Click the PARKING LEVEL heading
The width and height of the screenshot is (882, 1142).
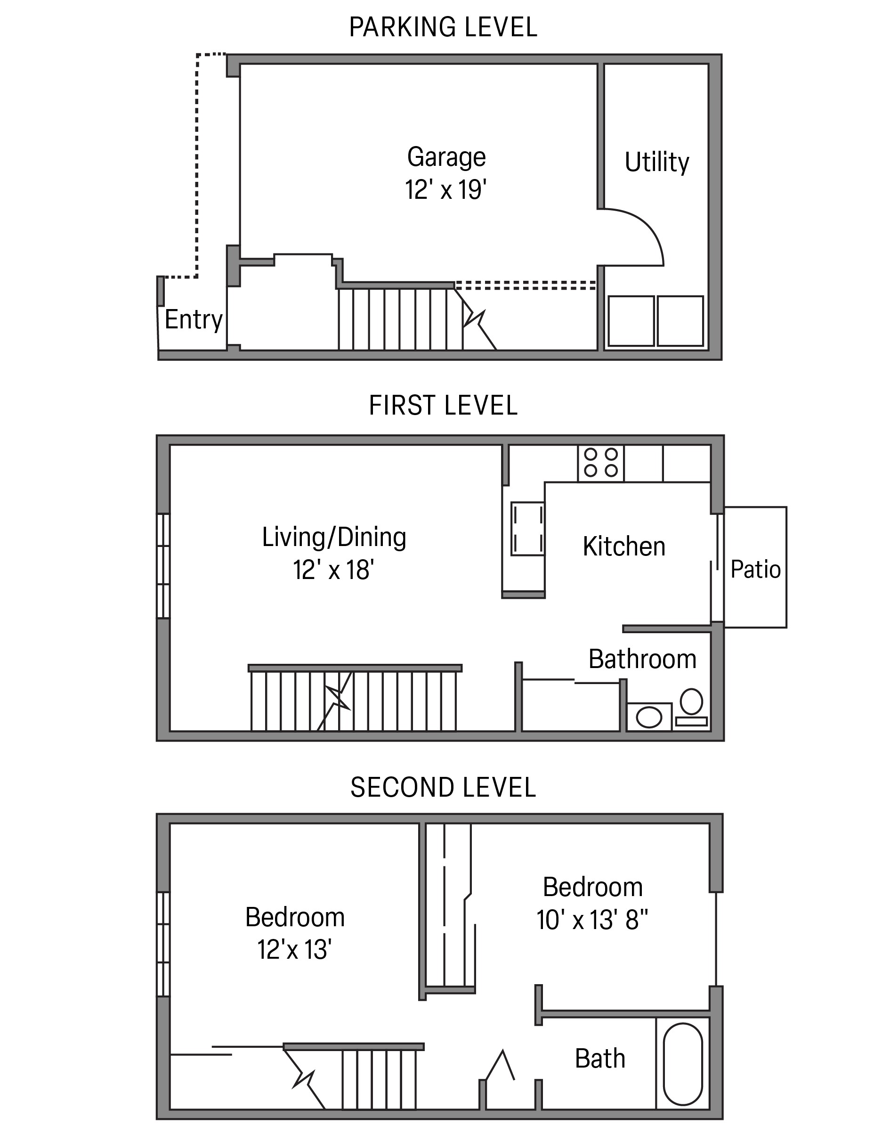pos(443,27)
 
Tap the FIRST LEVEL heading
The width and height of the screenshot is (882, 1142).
pos(443,405)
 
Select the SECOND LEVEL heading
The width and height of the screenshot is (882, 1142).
pos(443,787)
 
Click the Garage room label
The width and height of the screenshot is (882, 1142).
pos(446,157)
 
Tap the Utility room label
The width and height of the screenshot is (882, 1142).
pos(657,162)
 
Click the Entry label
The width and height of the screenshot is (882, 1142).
pos(194,319)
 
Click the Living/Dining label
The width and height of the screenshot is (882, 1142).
pos(334,538)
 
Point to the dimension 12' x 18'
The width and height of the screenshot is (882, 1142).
pos(333,570)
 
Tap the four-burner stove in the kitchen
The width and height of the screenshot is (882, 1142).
pos(600,463)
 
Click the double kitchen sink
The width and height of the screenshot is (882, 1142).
pos(528,529)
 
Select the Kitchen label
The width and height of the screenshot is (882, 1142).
pos(624,547)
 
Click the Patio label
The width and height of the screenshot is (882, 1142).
pos(755,570)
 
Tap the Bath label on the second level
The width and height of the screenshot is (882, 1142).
pos(600,1059)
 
